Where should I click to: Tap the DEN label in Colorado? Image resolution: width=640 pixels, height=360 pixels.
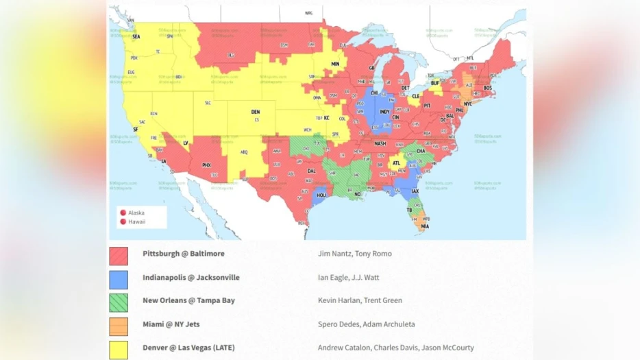(256, 111)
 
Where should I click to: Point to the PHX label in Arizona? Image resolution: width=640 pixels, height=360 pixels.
(207, 165)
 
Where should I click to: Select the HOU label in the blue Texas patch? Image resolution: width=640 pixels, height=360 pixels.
(321, 195)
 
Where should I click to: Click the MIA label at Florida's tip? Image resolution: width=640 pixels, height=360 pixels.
(425, 226)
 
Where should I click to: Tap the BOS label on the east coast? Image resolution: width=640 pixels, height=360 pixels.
(487, 88)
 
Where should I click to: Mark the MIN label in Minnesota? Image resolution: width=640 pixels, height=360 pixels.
(335, 64)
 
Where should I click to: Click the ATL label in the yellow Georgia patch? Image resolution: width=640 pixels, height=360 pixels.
(396, 163)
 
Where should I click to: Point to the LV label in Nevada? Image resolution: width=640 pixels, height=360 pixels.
(185, 143)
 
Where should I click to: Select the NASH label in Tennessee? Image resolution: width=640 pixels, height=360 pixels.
(380, 143)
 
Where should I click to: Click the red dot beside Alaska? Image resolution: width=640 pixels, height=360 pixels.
(123, 213)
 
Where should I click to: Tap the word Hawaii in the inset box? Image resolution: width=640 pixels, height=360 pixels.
(136, 221)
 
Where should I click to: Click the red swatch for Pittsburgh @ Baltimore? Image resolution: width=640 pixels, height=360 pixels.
(119, 256)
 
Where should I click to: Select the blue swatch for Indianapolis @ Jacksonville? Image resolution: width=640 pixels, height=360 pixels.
(119, 279)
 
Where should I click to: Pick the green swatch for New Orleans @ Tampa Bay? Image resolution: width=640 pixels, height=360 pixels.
(119, 303)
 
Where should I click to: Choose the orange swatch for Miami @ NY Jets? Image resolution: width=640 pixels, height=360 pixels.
(119, 326)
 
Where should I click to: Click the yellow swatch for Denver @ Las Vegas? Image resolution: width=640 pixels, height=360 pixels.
(119, 350)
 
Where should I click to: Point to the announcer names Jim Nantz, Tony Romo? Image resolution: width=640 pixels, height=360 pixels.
(355, 254)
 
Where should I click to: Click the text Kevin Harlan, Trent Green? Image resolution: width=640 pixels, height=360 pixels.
(360, 300)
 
